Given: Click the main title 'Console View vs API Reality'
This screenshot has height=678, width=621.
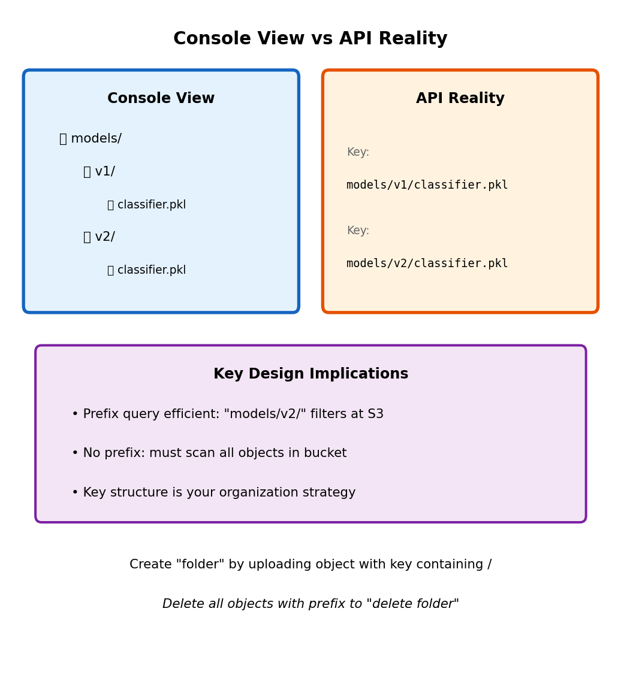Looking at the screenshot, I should (x=310, y=39).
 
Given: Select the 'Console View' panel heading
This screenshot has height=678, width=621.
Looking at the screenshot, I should (x=161, y=99).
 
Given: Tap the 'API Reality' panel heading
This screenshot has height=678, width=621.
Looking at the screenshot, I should (x=460, y=99).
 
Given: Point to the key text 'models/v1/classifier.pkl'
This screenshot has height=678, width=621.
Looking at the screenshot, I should (x=427, y=185).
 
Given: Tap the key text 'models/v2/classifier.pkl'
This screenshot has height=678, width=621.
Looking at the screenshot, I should (x=427, y=264).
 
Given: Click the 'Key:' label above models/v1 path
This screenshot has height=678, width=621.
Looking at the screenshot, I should (x=358, y=152).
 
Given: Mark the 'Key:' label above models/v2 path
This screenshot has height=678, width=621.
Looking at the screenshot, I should (x=358, y=231).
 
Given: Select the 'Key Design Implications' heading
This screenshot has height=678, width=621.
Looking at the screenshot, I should (x=310, y=374).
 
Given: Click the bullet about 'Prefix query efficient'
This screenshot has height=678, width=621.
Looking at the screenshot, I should (x=227, y=414).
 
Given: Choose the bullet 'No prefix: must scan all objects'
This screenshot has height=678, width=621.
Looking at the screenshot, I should (x=209, y=453).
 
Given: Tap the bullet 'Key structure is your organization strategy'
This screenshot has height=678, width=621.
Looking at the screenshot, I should (x=213, y=493).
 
